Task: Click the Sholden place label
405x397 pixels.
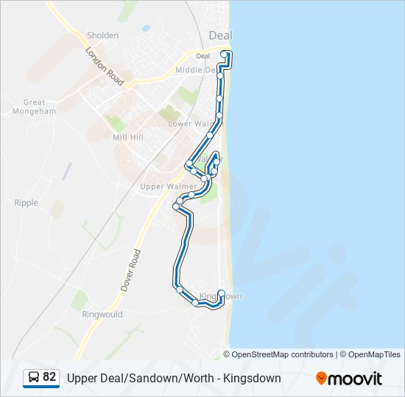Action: click(102, 35)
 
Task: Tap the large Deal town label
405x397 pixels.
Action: click(220, 35)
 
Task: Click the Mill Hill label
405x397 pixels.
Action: click(128, 137)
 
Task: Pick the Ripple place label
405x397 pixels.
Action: click(26, 203)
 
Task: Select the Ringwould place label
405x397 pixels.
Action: click(102, 314)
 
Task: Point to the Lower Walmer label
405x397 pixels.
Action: click(190, 124)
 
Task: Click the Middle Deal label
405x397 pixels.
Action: click(196, 71)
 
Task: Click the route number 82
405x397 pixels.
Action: click(49, 377)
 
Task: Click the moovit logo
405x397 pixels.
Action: click(349, 378)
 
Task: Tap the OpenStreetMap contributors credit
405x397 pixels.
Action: click(282, 354)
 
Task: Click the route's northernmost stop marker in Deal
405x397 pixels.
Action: click(225, 54)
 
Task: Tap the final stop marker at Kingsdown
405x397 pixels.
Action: click(221, 293)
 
